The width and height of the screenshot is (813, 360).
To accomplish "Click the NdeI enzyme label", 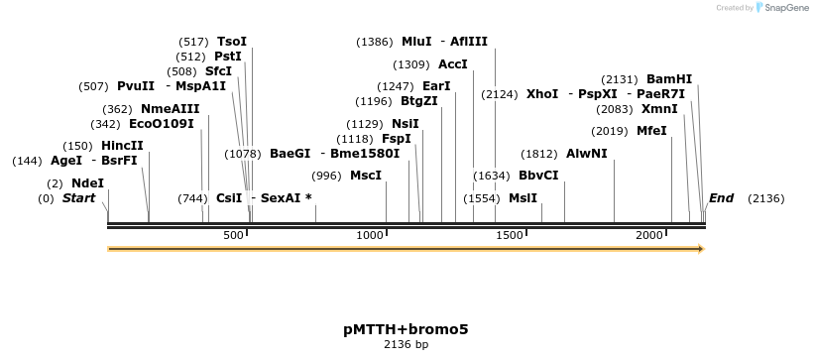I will pyautogui.click(x=87, y=183).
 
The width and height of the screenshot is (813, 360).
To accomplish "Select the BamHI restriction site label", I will pyautogui.click(x=669, y=79).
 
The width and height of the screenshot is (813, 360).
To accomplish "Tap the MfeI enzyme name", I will pyautogui.click(x=651, y=131).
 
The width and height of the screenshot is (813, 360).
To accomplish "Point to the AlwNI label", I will pyautogui.click(x=586, y=154).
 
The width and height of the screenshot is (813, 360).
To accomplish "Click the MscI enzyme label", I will pyautogui.click(x=365, y=176).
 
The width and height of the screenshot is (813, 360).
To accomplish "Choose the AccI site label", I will pyautogui.click(x=451, y=64).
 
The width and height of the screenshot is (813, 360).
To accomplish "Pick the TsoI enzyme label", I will pyautogui.click(x=231, y=42).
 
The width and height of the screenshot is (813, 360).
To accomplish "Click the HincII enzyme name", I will pyautogui.click(x=122, y=146).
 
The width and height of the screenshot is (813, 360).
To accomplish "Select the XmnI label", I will pyautogui.click(x=659, y=109).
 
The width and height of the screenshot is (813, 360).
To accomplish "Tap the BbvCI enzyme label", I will pyautogui.click(x=538, y=176).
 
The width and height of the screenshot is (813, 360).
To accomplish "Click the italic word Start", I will pyautogui.click(x=79, y=198).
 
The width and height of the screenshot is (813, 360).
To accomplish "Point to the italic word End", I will pyautogui.click(x=721, y=198).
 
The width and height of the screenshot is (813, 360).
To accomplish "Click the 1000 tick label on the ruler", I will pyautogui.click(x=370, y=235).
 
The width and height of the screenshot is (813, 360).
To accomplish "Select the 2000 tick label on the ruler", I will pyautogui.click(x=648, y=235).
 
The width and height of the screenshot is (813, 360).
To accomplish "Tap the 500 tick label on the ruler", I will pyautogui.click(x=234, y=235).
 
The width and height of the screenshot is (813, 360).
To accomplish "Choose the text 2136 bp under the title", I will pyautogui.click(x=406, y=345).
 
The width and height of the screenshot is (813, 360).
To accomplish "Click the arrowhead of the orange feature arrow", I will pyautogui.click(x=700, y=248).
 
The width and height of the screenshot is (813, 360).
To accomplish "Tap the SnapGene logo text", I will pyautogui.click(x=785, y=8).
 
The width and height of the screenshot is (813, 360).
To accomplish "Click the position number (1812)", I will pyautogui.click(x=539, y=154).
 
